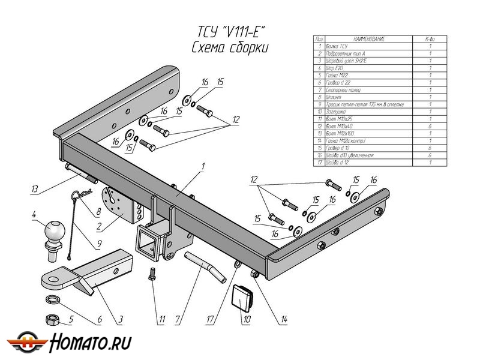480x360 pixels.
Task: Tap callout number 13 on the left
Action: tap(35, 190)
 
